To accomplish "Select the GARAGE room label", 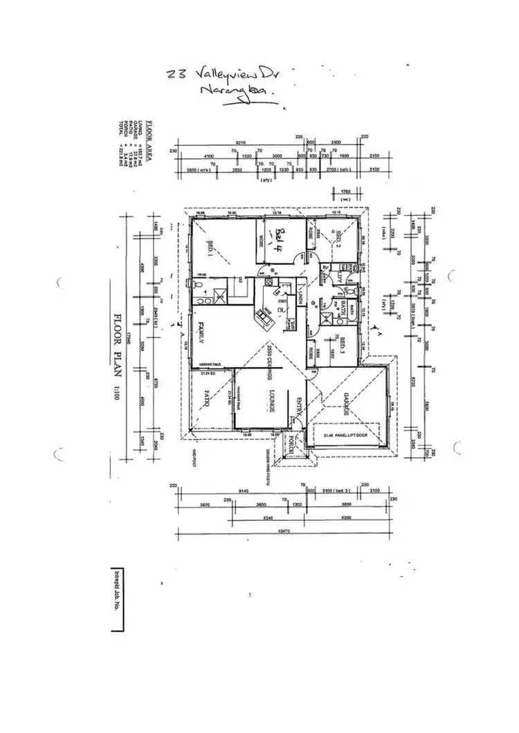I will (x=343, y=402).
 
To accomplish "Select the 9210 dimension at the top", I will (x=242, y=142).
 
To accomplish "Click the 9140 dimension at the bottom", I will (x=244, y=491).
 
